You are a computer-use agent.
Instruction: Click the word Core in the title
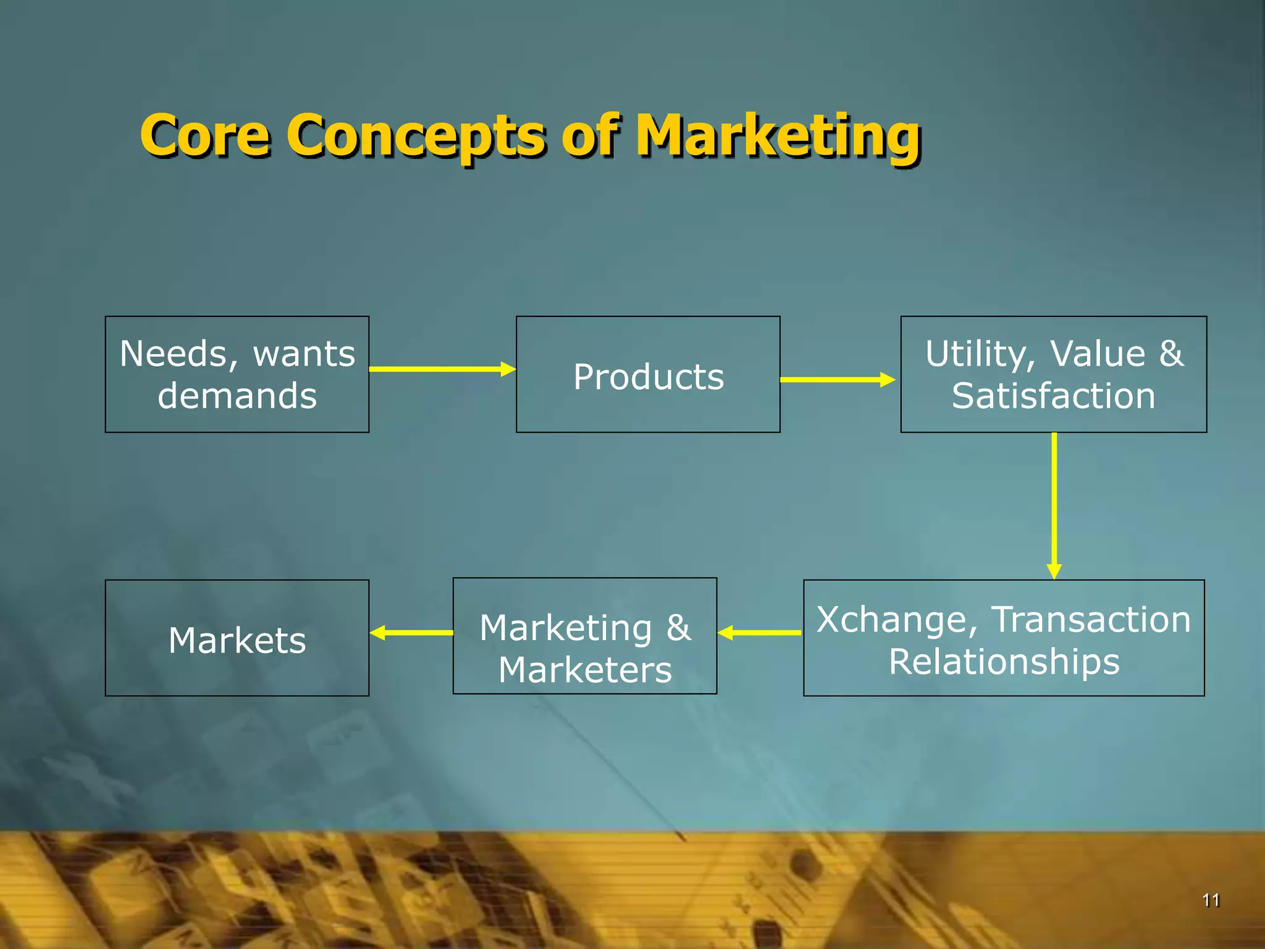205,135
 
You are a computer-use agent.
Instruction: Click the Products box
648,374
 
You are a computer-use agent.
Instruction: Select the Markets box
237,638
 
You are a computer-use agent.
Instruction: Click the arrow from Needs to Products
442,369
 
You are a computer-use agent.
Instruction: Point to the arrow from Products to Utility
837,379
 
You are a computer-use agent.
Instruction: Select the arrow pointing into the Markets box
411,633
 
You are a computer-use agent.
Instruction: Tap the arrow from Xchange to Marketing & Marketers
760,633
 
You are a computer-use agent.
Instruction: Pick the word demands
237,396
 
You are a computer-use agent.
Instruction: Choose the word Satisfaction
1053,396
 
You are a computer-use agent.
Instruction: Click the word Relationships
1004,662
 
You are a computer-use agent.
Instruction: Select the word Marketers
585,670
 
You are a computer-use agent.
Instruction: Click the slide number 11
1211,900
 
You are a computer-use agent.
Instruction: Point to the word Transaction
1091,620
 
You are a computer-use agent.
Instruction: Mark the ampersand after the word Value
1171,353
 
